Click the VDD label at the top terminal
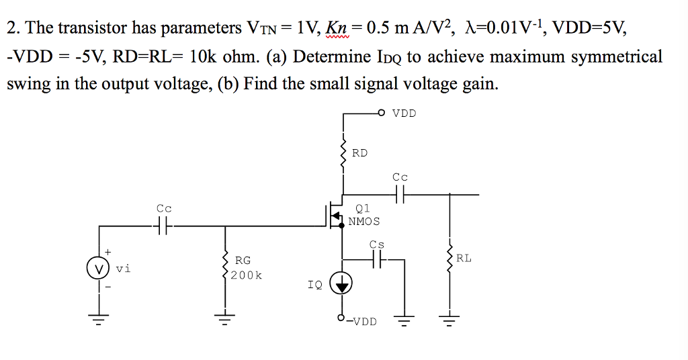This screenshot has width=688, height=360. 404,113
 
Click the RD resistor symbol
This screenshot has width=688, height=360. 343,153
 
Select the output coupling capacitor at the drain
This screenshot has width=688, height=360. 400,195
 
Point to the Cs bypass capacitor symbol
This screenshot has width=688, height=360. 378,258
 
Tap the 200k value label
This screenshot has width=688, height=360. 246,275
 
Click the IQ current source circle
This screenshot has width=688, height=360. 343,285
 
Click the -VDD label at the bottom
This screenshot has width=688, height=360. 363,321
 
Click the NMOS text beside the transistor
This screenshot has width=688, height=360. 364,221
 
